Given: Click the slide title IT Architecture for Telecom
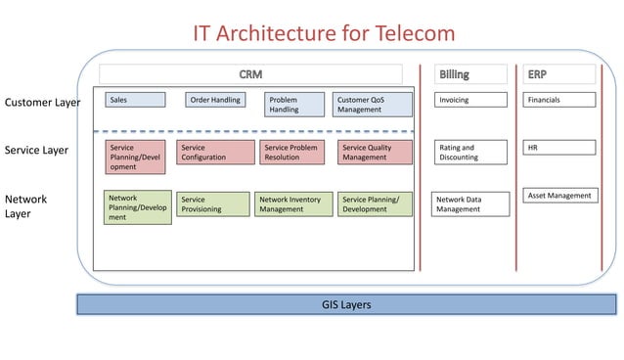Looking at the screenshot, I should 323,32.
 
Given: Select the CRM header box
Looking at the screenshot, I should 250,74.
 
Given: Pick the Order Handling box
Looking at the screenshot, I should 215,100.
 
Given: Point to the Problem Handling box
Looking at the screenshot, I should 293,105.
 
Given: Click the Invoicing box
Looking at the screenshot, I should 470,100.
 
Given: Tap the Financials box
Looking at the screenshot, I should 558,100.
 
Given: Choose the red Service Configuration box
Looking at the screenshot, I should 212,152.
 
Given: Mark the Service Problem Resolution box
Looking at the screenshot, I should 292,152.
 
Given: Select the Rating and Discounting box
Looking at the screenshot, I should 470,152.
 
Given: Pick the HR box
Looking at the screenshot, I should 558,148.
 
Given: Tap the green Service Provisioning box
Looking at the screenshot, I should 212,203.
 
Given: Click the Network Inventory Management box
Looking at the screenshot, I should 293,203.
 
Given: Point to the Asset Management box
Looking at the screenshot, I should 558,196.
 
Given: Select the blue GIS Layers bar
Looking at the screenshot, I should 346,305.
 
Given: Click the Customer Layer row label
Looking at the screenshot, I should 42,102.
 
